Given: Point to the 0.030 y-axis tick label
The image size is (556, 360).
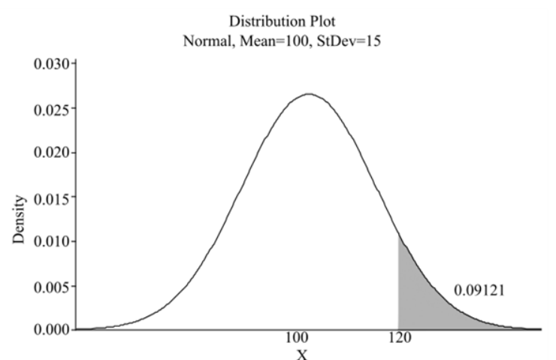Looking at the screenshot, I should pos(52,65).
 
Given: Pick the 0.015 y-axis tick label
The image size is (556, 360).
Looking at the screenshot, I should pos(52,198).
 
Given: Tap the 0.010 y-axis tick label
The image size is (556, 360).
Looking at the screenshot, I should pos(52,241).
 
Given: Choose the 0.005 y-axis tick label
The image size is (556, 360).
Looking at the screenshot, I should pos(52,286).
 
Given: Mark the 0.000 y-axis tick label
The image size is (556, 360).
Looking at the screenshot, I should pos(52,329).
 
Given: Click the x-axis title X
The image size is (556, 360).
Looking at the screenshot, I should pos(300,353).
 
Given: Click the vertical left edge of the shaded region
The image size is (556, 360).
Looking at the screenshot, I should pos(398,286).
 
